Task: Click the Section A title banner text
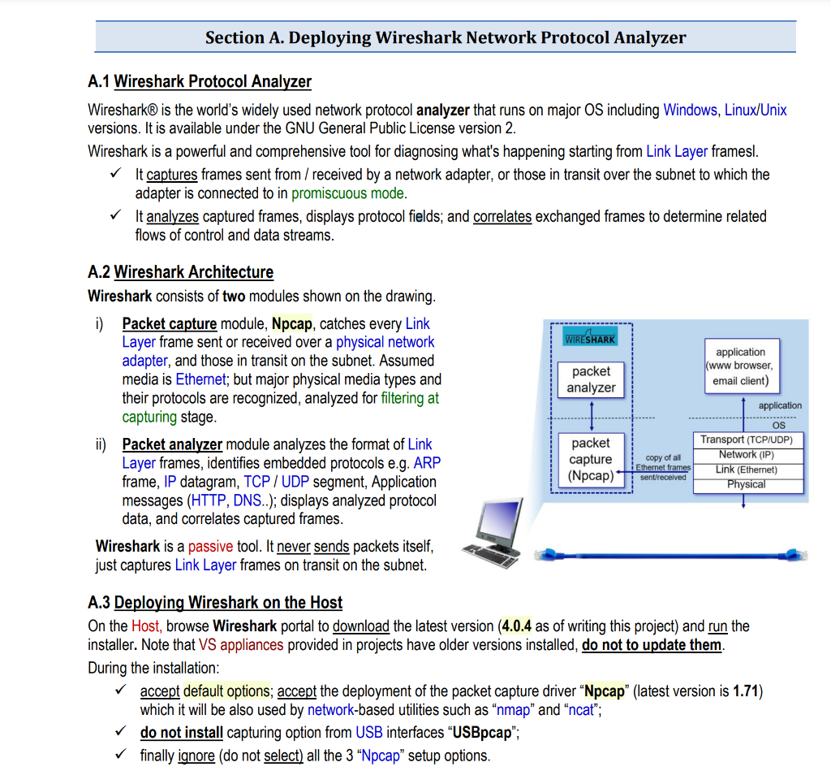(445, 37)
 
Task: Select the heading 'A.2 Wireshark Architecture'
(180, 272)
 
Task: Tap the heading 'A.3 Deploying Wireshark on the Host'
(214, 602)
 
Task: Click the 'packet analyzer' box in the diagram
(591, 379)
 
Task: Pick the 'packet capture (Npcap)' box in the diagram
(591, 459)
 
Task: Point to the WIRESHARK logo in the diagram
(590, 339)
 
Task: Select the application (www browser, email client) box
(740, 366)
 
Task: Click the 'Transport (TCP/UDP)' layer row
(746, 440)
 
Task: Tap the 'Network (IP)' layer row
(746, 454)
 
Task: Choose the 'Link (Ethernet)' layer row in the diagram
(746, 470)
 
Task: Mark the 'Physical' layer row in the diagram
(746, 484)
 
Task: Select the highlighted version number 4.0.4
(516, 626)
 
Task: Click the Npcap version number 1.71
(746, 691)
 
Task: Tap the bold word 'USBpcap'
(481, 732)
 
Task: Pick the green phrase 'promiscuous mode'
(348, 193)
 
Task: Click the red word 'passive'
(210, 546)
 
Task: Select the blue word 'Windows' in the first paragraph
(690, 110)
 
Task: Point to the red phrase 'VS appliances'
(241, 645)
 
